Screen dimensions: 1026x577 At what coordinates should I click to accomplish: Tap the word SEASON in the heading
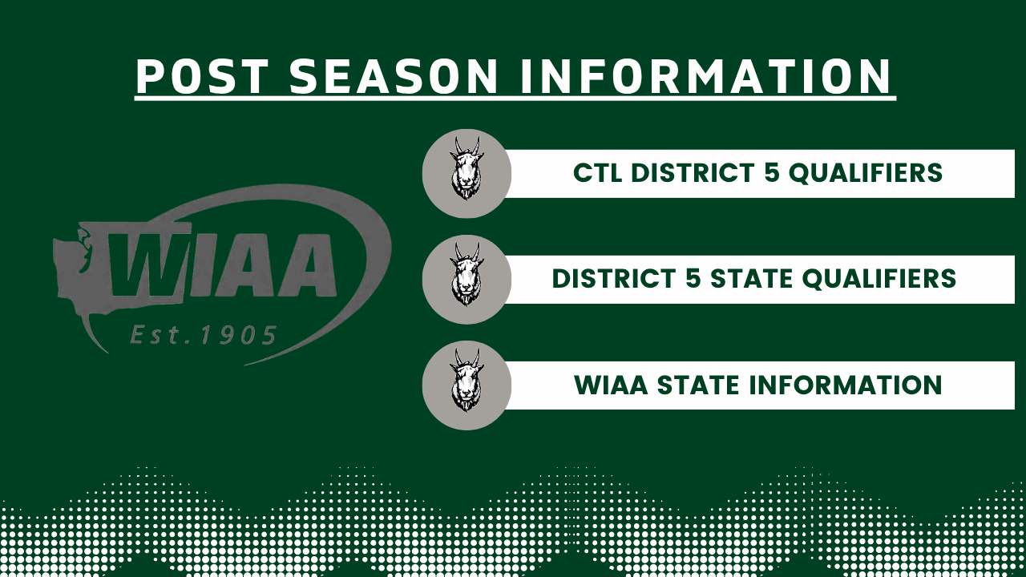point(394,76)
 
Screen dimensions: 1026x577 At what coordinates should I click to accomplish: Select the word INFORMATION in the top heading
point(706,76)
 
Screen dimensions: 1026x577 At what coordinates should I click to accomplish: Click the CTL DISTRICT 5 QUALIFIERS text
point(757,173)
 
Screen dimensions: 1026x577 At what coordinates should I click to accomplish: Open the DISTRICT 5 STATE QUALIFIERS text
point(754,279)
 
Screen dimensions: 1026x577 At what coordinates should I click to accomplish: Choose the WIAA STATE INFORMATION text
point(757,385)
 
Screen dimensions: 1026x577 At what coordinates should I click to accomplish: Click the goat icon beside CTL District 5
point(467,168)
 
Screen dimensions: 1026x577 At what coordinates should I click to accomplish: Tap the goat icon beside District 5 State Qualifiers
point(467,275)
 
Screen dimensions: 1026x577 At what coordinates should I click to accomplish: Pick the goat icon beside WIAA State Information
point(467,381)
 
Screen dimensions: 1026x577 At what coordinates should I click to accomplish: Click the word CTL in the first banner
point(598,173)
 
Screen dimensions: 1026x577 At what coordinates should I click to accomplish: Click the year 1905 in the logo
point(238,335)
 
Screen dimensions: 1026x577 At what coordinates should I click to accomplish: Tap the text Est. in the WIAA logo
point(158,335)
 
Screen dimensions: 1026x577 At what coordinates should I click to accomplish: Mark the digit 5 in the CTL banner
point(772,173)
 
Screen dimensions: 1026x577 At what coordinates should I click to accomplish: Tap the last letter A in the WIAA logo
point(307,264)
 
